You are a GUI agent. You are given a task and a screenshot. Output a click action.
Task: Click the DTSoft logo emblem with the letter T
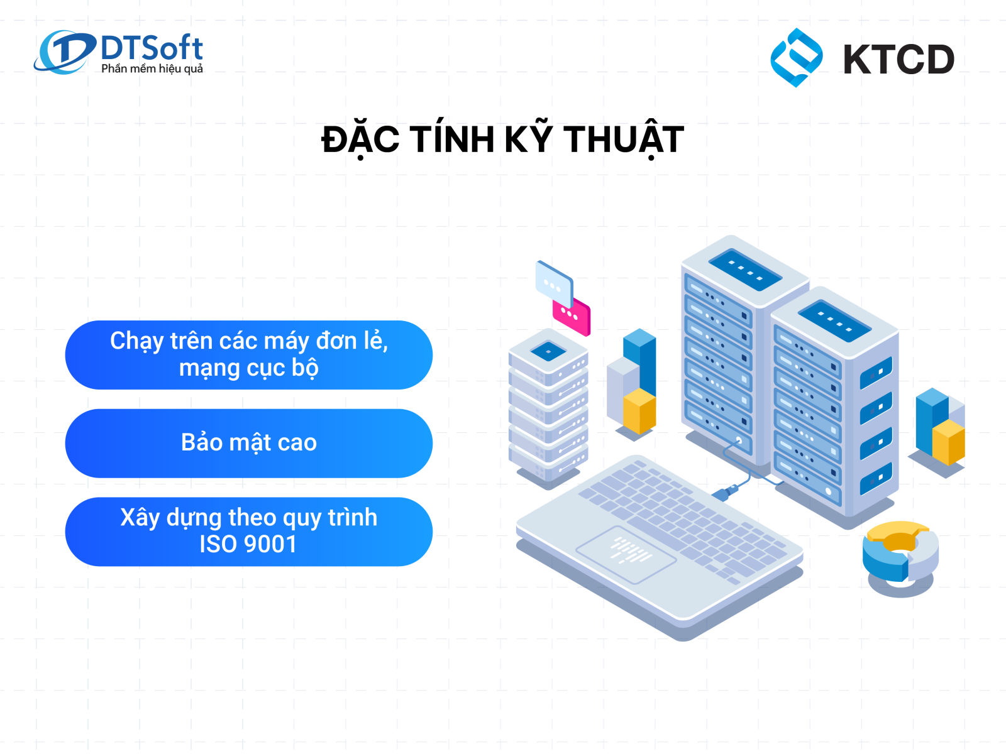pos(64,52)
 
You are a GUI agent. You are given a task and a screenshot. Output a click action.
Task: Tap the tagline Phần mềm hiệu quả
pos(152,68)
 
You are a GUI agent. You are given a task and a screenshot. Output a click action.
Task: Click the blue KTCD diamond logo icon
pos(797,58)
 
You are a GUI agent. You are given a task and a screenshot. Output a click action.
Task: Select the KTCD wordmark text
pos(898,59)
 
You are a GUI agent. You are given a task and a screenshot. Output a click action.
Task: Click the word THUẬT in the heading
pos(623,140)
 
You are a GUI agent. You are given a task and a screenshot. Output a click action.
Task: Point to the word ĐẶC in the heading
pos(360,139)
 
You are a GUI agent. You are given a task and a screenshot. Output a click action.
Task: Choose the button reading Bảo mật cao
pos(249,443)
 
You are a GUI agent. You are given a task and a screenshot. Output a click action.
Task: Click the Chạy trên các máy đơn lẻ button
pos(249,355)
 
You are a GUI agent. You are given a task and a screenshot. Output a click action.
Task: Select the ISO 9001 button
pos(249,532)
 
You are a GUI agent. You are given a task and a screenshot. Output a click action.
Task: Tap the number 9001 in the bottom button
pos(270,544)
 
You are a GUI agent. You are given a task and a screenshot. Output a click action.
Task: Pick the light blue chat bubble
pos(554,284)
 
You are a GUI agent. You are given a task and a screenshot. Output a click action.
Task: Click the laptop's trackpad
pos(626,555)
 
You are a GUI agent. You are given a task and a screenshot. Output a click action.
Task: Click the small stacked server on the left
pos(548,407)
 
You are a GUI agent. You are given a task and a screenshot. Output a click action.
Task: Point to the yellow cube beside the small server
pos(639,411)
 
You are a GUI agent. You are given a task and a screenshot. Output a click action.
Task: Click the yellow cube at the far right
pos(949,442)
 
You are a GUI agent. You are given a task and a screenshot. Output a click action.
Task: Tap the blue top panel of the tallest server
pos(745,270)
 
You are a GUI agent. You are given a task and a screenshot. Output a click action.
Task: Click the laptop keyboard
pos(683,517)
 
